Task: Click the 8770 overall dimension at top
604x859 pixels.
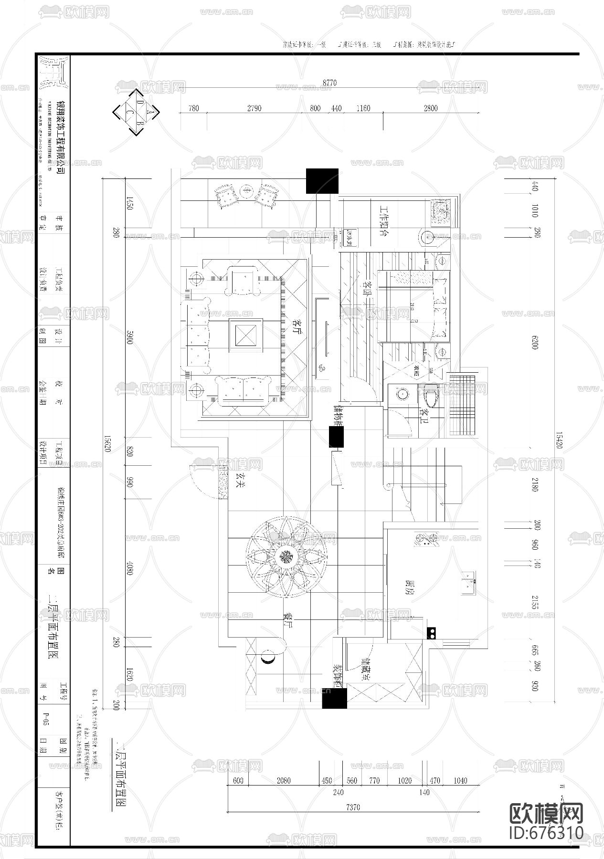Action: coord(329,83)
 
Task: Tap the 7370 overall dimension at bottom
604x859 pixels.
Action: coord(353,807)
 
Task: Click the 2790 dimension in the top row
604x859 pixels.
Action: coord(254,108)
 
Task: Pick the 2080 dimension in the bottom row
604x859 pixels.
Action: coord(284,780)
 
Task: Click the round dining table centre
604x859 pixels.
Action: coord(286,557)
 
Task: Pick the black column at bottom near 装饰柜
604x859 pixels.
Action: coord(334,698)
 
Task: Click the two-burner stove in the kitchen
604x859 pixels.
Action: coord(432,633)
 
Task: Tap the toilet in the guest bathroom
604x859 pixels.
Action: coord(432,395)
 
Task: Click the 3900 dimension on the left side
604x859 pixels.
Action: coord(129,339)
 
